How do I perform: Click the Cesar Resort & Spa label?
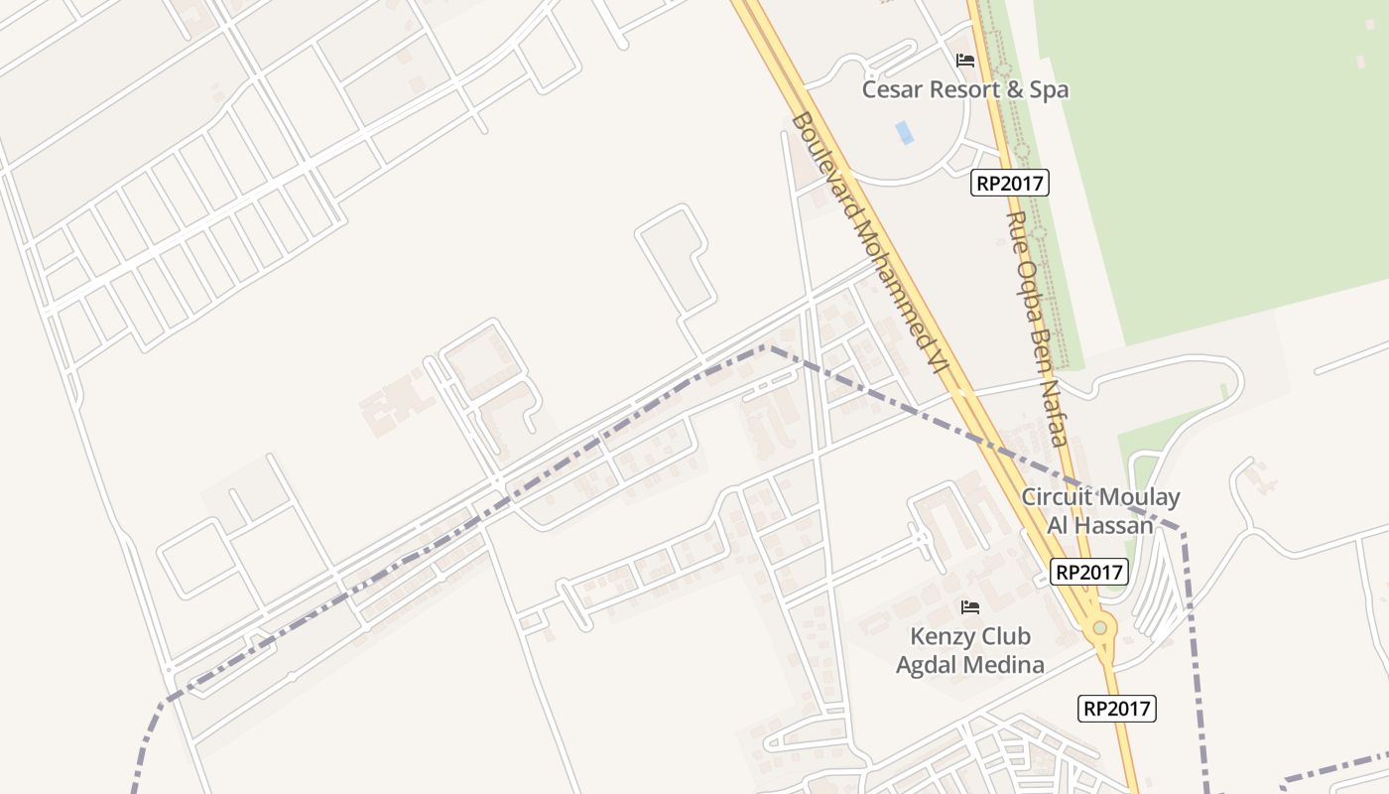click(964, 89)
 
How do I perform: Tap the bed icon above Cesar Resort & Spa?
click(964, 61)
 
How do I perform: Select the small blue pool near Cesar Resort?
click(904, 132)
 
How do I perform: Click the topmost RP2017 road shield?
click(1009, 183)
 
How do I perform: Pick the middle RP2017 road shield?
click(1088, 572)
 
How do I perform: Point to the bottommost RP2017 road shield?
click(1116, 708)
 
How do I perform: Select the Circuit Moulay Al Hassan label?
click(1100, 511)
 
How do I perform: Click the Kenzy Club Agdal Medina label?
click(970, 650)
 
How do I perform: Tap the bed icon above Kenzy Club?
click(969, 606)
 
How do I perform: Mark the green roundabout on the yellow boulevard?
click(1099, 628)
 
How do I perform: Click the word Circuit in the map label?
click(1058, 497)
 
